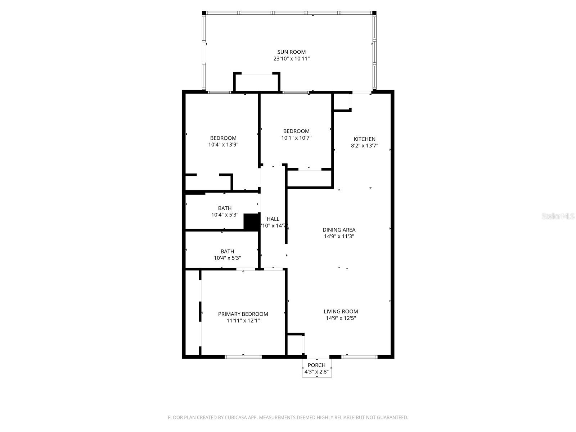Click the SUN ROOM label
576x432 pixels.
pos(291,52)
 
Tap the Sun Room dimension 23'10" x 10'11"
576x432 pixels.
pos(291,59)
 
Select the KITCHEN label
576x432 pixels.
pos(364,139)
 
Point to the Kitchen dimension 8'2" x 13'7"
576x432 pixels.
pos(364,146)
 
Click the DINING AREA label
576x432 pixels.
pos(339,230)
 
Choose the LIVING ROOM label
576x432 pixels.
pos(341,311)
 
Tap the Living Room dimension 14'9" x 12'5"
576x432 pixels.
pos(341,318)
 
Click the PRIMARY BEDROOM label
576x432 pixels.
pos(243,314)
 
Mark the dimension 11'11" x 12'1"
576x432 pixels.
pos(243,321)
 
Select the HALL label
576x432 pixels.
pos(273,219)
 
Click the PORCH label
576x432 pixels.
pos(316,365)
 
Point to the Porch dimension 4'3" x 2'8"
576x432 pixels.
pos(316,372)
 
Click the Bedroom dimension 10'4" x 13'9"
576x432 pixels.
pos(223,145)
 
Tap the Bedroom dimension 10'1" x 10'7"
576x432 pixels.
pos(296,138)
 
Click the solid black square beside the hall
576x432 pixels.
pos(252,222)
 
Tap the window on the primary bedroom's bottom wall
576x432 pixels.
pos(243,357)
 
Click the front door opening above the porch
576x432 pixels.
pos(318,357)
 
